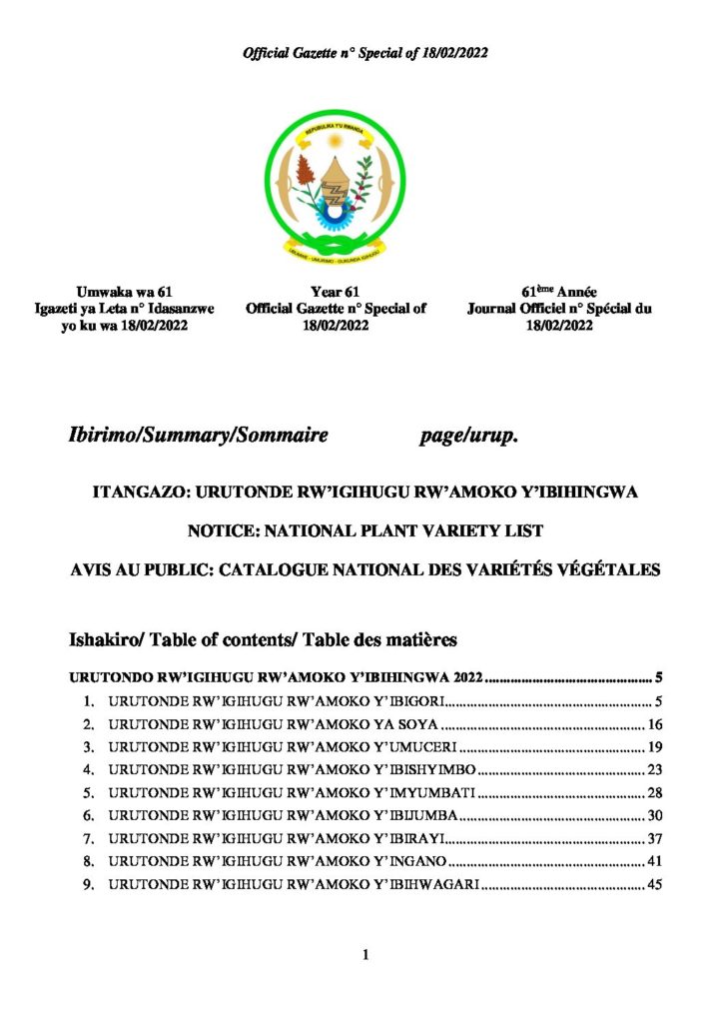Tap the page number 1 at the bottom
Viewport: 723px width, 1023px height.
(x=365, y=955)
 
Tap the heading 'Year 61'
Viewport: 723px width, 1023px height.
(x=335, y=291)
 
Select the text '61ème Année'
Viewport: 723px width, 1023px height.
(x=559, y=291)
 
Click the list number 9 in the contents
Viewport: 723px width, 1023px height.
(x=88, y=885)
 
